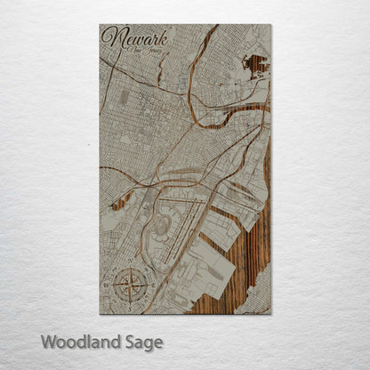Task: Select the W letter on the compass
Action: (107, 286)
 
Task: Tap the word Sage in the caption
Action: (141, 342)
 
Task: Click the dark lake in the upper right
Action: (255, 65)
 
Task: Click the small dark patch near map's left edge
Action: (117, 203)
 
